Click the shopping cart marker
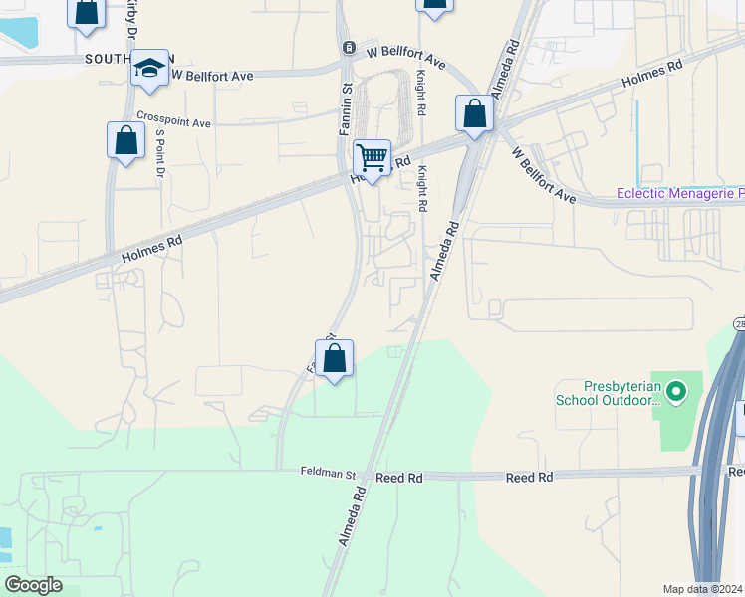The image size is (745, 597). tap(372, 157)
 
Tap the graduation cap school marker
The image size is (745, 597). tap(149, 68)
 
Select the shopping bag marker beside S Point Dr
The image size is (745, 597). tap(126, 140)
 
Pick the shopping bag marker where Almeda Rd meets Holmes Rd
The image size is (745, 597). tap(475, 113)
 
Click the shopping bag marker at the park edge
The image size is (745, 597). tap(335, 359)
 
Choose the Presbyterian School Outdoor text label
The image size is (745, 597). tap(609, 393)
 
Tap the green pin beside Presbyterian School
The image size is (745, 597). tap(677, 392)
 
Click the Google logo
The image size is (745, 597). tap(33, 585)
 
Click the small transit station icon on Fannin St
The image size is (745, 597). tap(348, 48)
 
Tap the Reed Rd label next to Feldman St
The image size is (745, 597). tap(399, 478)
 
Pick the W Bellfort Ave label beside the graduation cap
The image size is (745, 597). tap(212, 75)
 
